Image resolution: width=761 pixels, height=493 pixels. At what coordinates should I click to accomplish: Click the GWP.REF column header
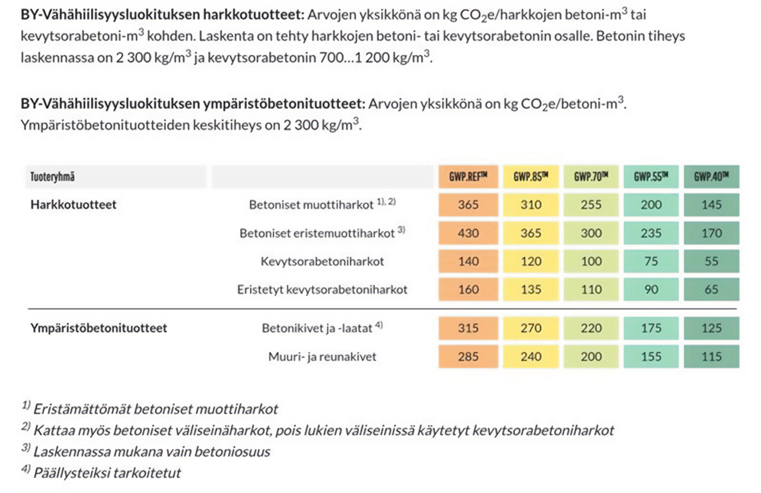[x=468, y=176]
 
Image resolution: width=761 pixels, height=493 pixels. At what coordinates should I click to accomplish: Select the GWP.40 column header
[x=711, y=176]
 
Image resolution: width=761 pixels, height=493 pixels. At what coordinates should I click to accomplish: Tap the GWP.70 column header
[x=590, y=176]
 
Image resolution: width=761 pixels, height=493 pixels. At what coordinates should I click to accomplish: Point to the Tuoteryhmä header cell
[x=53, y=176]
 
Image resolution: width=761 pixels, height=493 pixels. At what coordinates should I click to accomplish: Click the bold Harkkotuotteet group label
[x=73, y=204]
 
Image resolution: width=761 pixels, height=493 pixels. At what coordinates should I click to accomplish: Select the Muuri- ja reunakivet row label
[x=322, y=357]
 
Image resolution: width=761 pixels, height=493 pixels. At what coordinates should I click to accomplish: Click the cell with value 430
[x=468, y=233]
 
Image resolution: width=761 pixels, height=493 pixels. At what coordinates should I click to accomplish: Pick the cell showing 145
[x=711, y=204]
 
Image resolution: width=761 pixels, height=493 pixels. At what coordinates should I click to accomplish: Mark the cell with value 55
[x=711, y=261]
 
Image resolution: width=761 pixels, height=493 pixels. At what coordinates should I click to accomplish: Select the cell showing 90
[x=651, y=290]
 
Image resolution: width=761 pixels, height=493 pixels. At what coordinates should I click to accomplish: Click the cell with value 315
[x=468, y=328]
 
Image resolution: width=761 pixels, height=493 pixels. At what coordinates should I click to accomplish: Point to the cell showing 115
[x=711, y=357]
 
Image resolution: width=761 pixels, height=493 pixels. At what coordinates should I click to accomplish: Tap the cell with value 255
[x=590, y=204]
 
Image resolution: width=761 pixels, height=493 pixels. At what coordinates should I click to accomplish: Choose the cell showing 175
[x=651, y=328]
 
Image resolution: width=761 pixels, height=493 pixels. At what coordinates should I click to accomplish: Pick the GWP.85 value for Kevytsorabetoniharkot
[x=531, y=261]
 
